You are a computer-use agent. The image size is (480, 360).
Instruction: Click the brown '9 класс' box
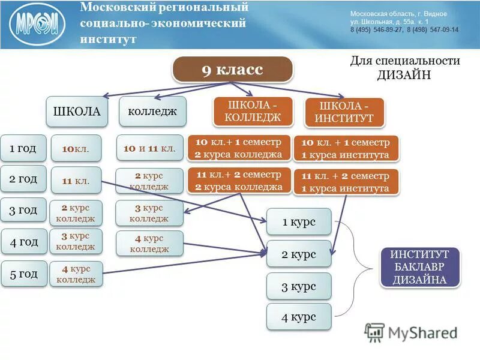232,70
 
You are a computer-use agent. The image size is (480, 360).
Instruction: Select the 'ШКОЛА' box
77,112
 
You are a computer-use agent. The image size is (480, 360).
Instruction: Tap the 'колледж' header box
152,112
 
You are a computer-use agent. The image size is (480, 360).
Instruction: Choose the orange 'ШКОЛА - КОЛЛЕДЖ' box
253,111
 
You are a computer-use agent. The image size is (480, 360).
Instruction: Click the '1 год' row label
23,148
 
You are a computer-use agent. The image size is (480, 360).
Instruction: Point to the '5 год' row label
23,274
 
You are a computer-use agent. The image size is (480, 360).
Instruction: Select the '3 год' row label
23,211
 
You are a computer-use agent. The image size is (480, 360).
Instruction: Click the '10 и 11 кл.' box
149,148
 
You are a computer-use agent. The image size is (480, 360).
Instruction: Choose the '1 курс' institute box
299,222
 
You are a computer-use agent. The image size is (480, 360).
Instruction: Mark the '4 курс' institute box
299,317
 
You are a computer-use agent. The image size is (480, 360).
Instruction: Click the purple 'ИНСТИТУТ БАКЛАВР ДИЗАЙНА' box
420,267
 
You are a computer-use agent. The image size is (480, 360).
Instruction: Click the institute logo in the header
37,25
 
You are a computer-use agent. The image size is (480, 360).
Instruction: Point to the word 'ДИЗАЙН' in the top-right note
404,74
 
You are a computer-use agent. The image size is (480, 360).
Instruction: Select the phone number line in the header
404,29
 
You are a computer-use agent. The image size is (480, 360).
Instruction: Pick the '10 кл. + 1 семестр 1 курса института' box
346,149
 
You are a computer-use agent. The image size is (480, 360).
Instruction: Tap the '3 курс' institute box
299,286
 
